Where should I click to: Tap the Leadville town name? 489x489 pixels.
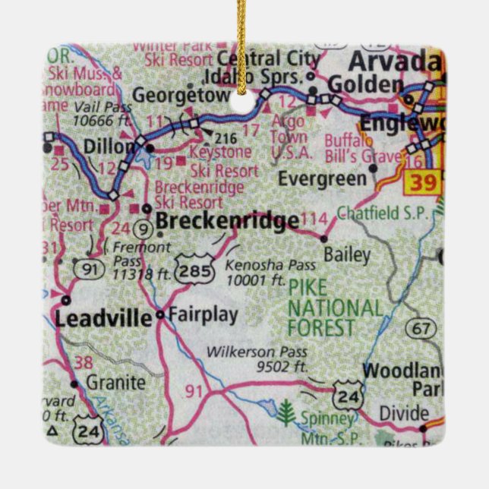103,319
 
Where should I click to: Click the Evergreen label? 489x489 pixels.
322,179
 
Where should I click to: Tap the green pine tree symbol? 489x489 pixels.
286,413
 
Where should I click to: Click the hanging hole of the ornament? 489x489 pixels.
244,101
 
